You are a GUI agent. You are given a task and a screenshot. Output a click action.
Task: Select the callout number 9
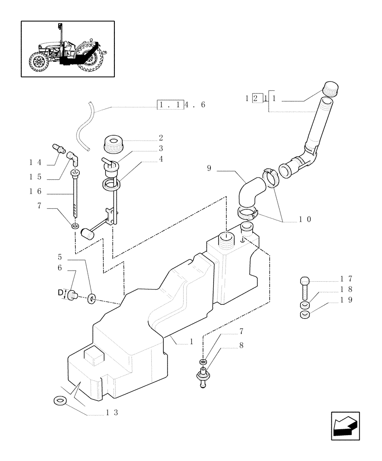(x=209, y=169)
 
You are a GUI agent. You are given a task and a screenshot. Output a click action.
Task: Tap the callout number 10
(x=305, y=219)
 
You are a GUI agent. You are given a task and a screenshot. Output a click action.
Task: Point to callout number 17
(x=346, y=278)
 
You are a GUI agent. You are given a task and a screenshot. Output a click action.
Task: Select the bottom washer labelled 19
(x=304, y=315)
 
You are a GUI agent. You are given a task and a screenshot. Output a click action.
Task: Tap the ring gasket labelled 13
(x=60, y=400)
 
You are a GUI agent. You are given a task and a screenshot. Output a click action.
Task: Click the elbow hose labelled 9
(x=249, y=194)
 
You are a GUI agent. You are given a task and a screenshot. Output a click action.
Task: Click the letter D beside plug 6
(x=60, y=292)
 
